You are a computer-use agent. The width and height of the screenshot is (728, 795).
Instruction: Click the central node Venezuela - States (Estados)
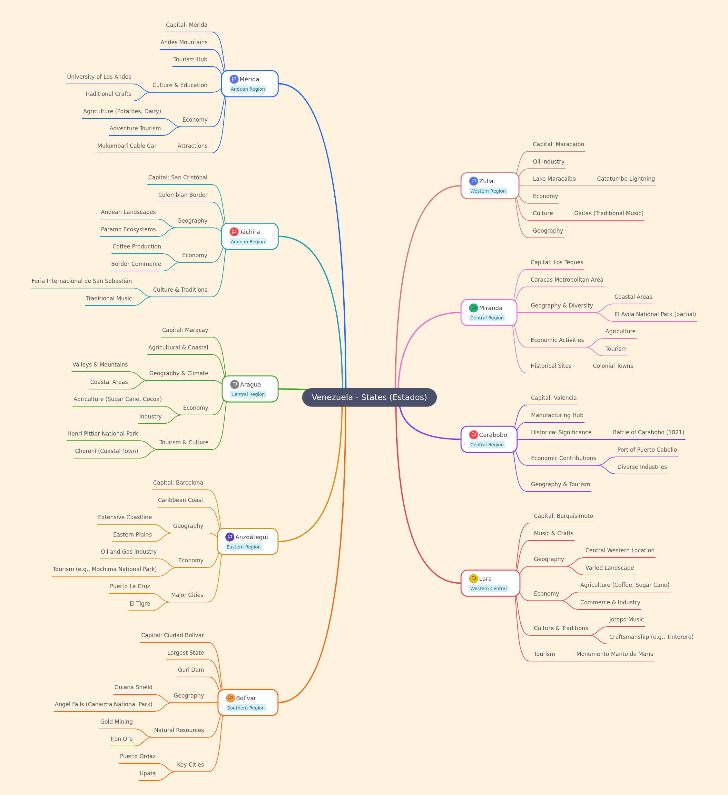(369, 397)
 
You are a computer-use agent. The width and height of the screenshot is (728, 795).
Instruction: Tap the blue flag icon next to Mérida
(234, 79)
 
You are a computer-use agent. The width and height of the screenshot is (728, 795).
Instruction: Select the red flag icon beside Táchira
(234, 232)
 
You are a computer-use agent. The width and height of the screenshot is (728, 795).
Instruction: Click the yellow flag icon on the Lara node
(473, 579)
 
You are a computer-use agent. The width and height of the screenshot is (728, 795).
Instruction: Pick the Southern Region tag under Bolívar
(246, 708)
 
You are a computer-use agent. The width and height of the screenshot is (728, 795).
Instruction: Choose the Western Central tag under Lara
(488, 589)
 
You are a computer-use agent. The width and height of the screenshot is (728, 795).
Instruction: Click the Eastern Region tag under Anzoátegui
(244, 547)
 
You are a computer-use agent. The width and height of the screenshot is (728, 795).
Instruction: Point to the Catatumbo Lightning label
(626, 179)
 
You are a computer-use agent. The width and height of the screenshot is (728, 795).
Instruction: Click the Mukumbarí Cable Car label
(127, 146)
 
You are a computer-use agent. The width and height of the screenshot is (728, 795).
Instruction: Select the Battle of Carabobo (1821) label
(648, 432)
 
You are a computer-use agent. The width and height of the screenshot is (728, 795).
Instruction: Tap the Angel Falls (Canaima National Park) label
(104, 704)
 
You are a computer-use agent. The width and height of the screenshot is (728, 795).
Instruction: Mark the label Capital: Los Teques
(557, 262)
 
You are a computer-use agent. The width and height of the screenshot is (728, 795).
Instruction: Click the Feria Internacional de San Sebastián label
(82, 281)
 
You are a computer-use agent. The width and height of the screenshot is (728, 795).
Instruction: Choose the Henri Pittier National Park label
(103, 434)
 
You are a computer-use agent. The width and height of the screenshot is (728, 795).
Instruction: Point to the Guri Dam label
(191, 669)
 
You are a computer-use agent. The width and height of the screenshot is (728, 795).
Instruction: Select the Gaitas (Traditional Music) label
(609, 213)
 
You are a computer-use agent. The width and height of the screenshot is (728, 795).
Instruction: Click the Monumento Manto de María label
(615, 654)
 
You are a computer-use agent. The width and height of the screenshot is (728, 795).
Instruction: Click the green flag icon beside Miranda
(473, 308)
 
